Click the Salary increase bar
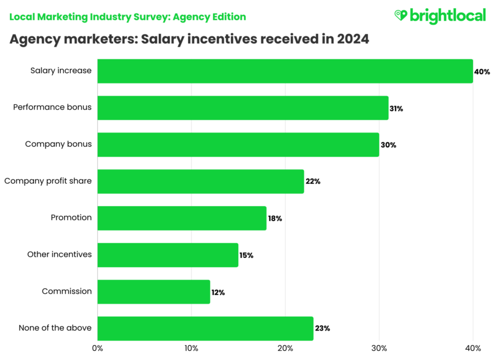coord(285,71)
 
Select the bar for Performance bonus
coord(242,108)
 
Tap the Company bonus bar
coord(238,145)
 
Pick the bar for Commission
coord(153,291)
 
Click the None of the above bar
coord(205,328)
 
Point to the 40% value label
coord(482,72)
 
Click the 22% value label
coord(313,181)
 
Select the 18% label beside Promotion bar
coord(275,218)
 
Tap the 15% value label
coord(246,255)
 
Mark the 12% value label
coord(218,292)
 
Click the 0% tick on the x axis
coord(97,348)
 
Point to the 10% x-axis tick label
coord(191,348)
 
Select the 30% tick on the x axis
coord(379,348)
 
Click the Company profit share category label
coord(48,181)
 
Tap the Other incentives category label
coord(59,255)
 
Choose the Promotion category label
coord(71,218)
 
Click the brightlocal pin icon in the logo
coord(401,16)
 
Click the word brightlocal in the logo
coord(448,16)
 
